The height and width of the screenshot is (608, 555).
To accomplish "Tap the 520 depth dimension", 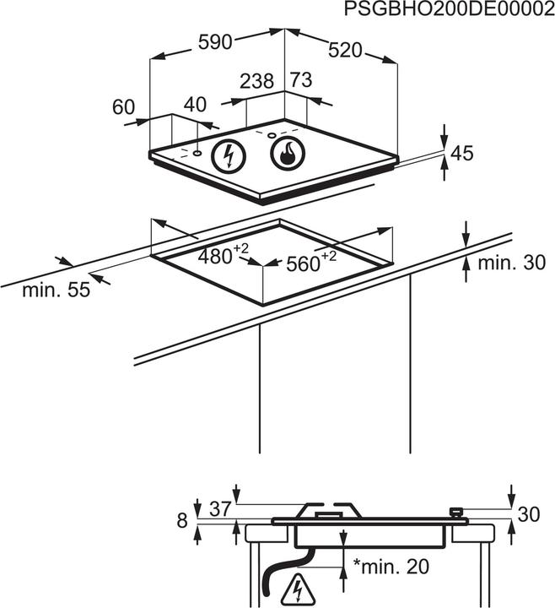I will pos(344,51).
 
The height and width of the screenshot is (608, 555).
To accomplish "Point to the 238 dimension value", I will pos(256,82).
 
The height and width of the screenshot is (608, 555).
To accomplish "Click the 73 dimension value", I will pos(301,81).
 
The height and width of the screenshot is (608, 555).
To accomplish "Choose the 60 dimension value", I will pos(123,107).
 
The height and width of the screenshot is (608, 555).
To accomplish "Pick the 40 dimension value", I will pos(195,105).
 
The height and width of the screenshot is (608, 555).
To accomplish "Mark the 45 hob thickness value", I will pos(463,154).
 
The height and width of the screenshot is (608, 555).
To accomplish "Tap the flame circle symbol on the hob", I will pos(287,154).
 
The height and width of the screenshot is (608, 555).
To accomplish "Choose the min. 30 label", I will pos(512,263).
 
